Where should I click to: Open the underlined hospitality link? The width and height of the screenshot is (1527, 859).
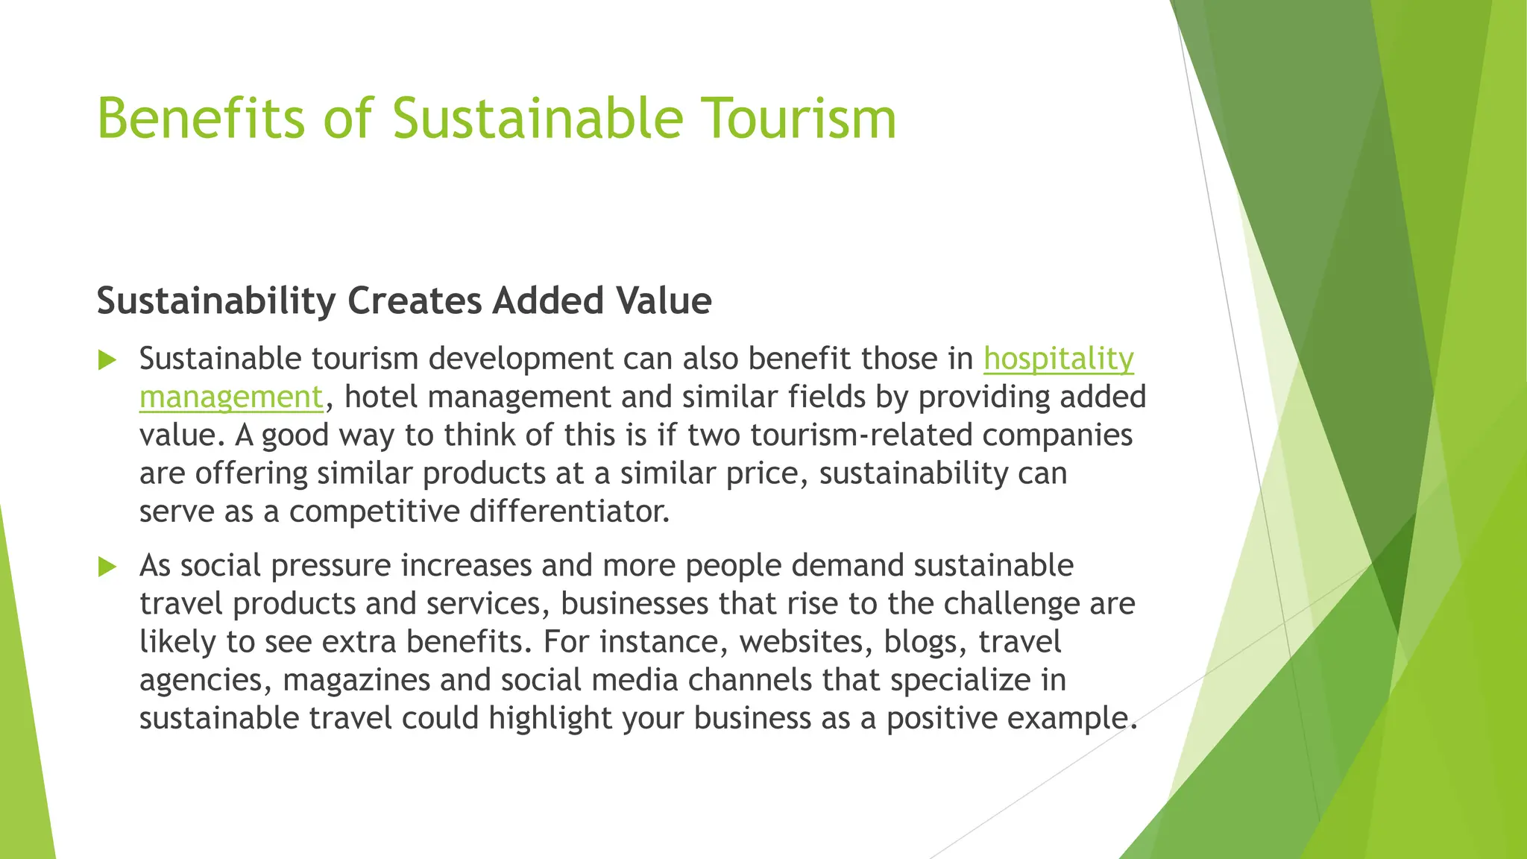pyautogui.click(x=1058, y=359)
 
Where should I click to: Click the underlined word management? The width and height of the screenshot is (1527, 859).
pyautogui.click(x=231, y=397)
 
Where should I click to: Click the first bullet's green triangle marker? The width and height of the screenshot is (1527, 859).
pyautogui.click(x=108, y=361)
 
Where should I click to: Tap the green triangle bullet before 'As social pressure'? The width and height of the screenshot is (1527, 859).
pyautogui.click(x=108, y=567)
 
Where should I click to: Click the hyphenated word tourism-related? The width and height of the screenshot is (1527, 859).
pyautogui.click(x=861, y=435)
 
